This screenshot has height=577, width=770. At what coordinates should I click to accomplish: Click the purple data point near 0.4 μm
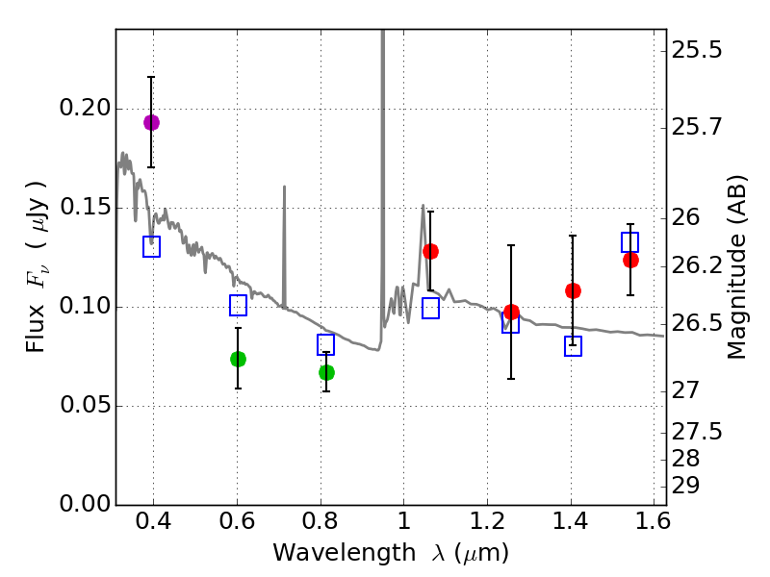pyautogui.click(x=151, y=122)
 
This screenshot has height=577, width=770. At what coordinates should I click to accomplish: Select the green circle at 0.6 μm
pyautogui.click(x=238, y=359)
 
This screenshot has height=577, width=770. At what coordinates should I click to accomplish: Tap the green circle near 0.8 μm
pyautogui.click(x=326, y=372)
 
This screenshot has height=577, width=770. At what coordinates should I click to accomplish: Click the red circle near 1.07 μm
pyautogui.click(x=430, y=251)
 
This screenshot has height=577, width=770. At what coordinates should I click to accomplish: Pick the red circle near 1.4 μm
pyautogui.click(x=573, y=290)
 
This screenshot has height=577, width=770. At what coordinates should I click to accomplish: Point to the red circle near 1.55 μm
pyautogui.click(x=630, y=260)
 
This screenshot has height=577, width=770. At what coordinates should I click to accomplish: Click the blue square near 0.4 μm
pyautogui.click(x=151, y=247)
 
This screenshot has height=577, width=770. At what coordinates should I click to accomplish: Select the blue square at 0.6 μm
pyautogui.click(x=238, y=306)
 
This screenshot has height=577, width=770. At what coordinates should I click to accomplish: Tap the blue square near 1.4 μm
pyautogui.click(x=573, y=346)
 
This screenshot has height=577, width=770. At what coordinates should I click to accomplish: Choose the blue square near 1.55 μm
pyautogui.click(x=630, y=242)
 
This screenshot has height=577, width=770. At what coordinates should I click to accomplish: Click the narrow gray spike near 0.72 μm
pyautogui.click(x=284, y=240)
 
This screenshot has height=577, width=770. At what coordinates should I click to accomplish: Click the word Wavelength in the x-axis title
pyautogui.click(x=329, y=553)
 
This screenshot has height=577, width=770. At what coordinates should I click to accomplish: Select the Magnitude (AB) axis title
pyautogui.click(x=737, y=266)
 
